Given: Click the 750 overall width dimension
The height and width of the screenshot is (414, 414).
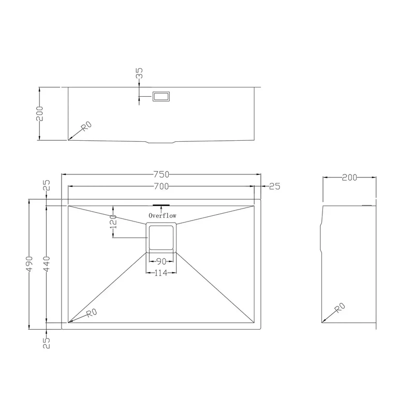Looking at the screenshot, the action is coord(161,174).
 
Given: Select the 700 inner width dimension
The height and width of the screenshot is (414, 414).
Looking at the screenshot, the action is coord(161,186).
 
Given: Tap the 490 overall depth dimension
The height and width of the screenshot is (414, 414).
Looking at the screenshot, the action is coord(29,264).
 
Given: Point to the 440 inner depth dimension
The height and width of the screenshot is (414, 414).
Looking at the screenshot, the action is coord(46,264).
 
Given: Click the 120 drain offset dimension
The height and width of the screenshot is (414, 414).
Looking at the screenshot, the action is coord(113,222).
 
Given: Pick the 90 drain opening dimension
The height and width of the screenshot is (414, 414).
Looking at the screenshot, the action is coord(161,261).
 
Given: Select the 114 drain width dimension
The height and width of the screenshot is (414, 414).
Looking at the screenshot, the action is coord(161,273).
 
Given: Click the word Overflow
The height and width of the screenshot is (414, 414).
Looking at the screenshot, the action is coord(162,216).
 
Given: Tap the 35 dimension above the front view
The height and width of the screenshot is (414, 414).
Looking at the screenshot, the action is coord(139,73).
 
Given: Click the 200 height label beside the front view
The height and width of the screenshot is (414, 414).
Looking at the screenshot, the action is coord(39,113).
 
